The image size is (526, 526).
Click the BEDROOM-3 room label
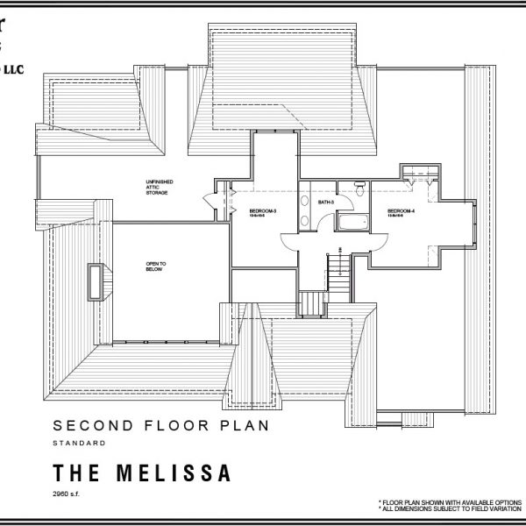coord(264,211)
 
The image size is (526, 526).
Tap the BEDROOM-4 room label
coord(402,211)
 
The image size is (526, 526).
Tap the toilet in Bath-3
coord(359,187)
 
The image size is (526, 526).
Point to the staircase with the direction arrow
coord(338,267)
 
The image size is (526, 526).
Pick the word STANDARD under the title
coord(80,444)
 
